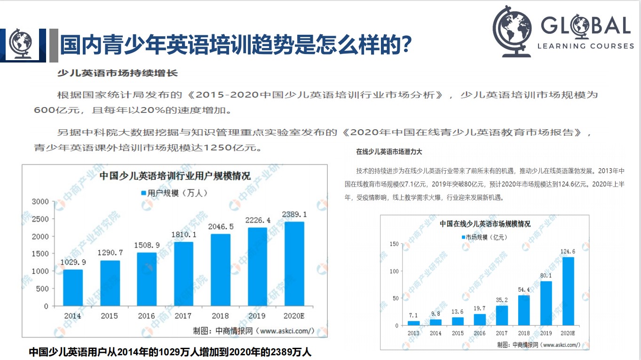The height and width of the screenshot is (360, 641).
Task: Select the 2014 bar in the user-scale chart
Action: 73,288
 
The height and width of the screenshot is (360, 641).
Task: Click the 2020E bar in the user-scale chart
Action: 294,264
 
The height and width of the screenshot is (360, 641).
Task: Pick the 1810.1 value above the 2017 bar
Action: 183,234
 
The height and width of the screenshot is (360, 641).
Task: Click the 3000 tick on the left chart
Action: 40,202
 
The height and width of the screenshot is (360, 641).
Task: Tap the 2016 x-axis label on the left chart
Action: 146,316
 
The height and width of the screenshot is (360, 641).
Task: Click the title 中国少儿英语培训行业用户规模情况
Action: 175,176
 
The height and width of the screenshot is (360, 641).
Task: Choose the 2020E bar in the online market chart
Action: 568,291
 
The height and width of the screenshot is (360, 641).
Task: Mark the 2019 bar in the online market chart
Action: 546,303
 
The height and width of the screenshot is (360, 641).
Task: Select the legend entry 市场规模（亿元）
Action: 484,237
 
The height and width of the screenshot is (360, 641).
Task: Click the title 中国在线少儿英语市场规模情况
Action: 484,224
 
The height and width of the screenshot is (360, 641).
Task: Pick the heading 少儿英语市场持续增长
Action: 117,73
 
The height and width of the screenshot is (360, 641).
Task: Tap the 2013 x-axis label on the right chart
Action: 413,333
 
